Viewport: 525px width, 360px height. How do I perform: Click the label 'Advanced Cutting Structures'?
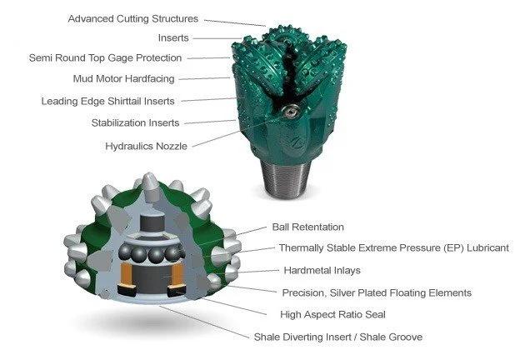click(x=133, y=18)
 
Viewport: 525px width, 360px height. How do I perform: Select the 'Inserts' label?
click(x=173, y=38)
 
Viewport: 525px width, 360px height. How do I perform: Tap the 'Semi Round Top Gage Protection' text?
click(x=105, y=58)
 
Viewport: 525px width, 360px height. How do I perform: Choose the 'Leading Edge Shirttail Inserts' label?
click(x=108, y=102)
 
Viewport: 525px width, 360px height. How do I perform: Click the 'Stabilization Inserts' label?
click(x=135, y=123)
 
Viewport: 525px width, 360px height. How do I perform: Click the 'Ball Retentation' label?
click(x=307, y=227)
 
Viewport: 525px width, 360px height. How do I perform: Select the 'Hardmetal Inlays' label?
click(x=315, y=270)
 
